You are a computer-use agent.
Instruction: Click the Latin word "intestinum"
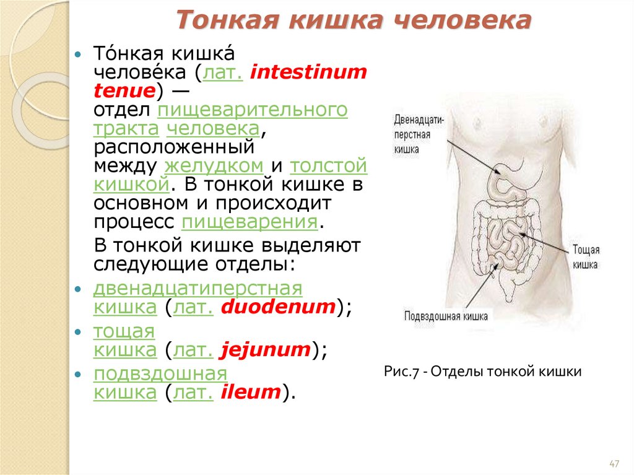click(x=308, y=73)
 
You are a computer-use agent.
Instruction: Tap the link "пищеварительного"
click(x=253, y=110)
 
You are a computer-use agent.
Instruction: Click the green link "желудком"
click(x=214, y=166)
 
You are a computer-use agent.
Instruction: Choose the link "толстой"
click(x=329, y=166)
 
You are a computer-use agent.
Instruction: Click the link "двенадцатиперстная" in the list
click(x=198, y=289)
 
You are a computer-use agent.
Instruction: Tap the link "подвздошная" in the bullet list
click(x=160, y=374)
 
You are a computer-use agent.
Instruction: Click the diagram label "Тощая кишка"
click(x=585, y=257)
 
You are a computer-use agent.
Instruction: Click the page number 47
click(x=614, y=464)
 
